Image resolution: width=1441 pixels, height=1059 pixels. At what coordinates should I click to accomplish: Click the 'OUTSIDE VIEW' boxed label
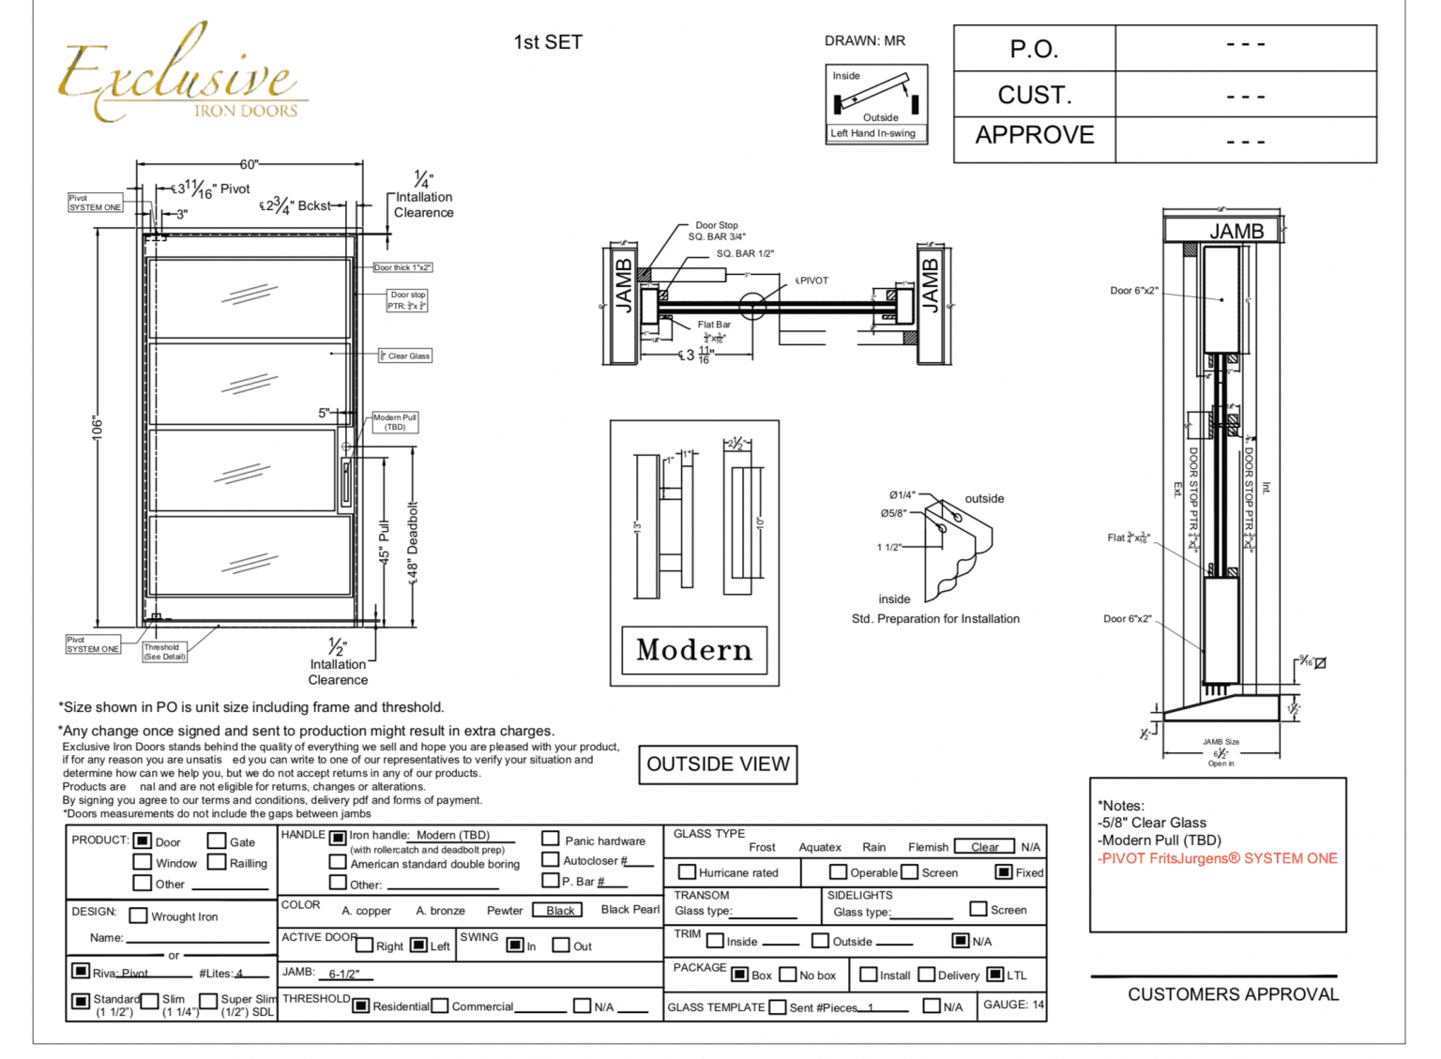pyautogui.click(x=718, y=764)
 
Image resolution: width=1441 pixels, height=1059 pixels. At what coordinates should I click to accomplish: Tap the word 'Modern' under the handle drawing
pyautogui.click(x=694, y=650)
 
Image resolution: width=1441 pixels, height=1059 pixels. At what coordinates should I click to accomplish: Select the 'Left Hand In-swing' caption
pyautogui.click(x=872, y=133)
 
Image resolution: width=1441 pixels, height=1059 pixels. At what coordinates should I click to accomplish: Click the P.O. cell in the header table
pyautogui.click(x=1034, y=49)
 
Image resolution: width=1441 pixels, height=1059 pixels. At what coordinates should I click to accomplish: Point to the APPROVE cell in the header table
pyautogui.click(x=1034, y=135)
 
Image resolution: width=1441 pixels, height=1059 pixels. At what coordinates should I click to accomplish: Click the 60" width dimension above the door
pyautogui.click(x=249, y=164)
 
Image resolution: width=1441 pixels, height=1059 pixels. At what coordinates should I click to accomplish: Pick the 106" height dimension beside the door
pyautogui.click(x=98, y=427)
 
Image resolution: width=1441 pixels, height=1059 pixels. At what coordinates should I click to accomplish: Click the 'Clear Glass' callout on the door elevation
pyautogui.click(x=406, y=356)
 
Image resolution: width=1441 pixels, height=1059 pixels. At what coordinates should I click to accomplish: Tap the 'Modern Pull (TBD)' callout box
pyautogui.click(x=395, y=422)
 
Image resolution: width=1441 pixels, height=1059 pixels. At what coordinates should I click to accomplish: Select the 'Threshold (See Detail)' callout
pyautogui.click(x=164, y=652)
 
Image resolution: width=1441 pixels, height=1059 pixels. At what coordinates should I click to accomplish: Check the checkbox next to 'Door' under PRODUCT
pyautogui.click(x=143, y=840)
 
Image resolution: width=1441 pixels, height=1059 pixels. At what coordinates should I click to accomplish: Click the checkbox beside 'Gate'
pyautogui.click(x=217, y=840)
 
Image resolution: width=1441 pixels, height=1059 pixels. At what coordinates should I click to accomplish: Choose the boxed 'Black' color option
pyautogui.click(x=559, y=910)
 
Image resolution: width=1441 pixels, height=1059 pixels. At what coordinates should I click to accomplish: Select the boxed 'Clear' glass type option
pyautogui.click(x=984, y=846)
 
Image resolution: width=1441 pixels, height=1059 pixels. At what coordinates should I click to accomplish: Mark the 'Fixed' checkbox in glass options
pyautogui.click(x=1004, y=872)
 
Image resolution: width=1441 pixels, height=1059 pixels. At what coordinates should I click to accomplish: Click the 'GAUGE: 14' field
pyautogui.click(x=1012, y=1005)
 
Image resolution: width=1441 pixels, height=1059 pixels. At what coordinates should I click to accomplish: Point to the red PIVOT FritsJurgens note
pyautogui.click(x=1218, y=858)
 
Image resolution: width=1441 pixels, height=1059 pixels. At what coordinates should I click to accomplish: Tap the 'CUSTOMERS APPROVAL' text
pyautogui.click(x=1233, y=994)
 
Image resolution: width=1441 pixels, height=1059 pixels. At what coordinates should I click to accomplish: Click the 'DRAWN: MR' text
pyautogui.click(x=864, y=41)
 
